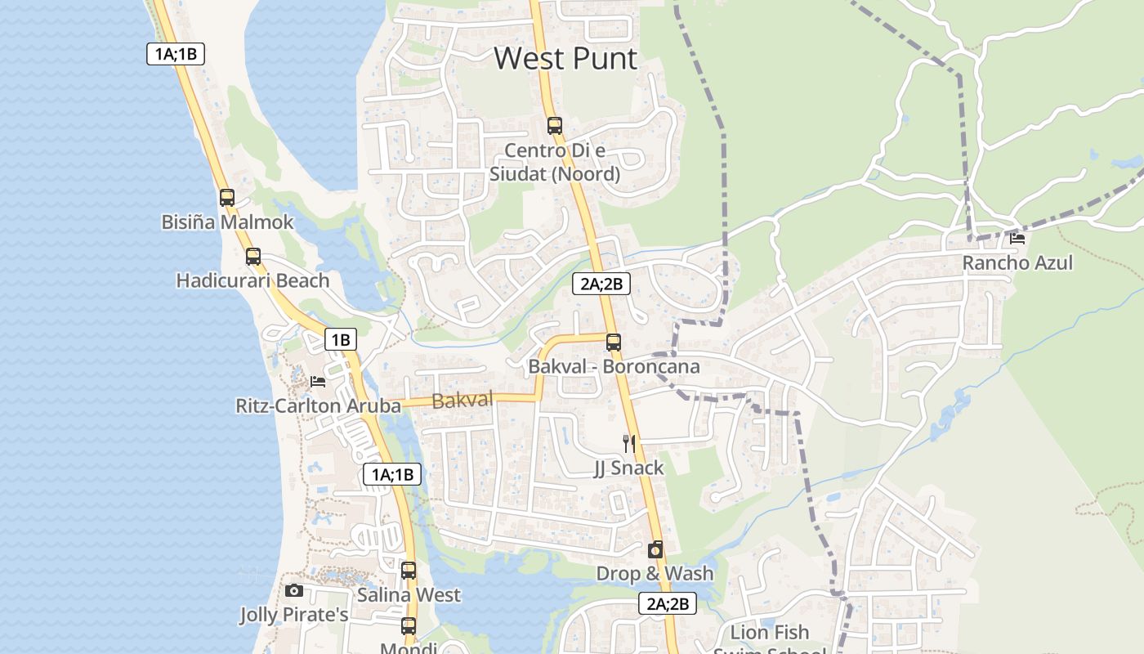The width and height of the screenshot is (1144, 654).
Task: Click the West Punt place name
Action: pyautogui.click(x=565, y=59)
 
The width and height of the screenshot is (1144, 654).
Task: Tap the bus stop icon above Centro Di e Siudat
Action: pyautogui.click(x=555, y=125)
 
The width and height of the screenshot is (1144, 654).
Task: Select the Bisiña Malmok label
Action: pyautogui.click(x=227, y=222)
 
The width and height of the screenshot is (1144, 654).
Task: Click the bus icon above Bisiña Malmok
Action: pyautogui.click(x=227, y=198)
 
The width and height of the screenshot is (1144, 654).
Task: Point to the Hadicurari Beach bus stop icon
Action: pyautogui.click(x=253, y=256)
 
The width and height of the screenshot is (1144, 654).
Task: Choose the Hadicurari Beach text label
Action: pyautogui.click(x=253, y=280)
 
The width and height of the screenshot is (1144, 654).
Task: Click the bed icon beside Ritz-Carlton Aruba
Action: pyautogui.click(x=318, y=381)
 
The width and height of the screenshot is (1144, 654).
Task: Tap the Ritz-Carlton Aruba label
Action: pyautogui.click(x=318, y=405)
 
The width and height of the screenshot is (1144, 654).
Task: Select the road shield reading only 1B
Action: pyautogui.click(x=341, y=339)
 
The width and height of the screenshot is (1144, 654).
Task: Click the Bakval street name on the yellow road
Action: pyautogui.click(x=463, y=401)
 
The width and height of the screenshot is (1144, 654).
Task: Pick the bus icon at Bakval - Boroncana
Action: pyautogui.click(x=614, y=343)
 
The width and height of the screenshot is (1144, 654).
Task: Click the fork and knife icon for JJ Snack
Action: pyautogui.click(x=628, y=443)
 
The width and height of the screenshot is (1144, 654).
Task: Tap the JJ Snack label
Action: pyautogui.click(x=628, y=468)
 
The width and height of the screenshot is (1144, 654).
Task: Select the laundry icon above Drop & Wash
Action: pyautogui.click(x=655, y=550)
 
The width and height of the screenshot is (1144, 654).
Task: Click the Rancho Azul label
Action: pyautogui.click(x=1017, y=263)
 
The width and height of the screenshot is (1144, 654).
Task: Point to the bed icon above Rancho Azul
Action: pyautogui.click(x=1017, y=239)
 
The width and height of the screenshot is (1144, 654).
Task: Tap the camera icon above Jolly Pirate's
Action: pyautogui.click(x=294, y=590)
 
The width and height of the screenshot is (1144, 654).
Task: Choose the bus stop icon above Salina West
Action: pyautogui.click(x=409, y=571)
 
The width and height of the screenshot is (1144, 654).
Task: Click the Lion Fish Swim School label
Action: pyautogui.click(x=770, y=641)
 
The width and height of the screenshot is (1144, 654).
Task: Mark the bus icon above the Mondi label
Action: pyautogui.click(x=409, y=627)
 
